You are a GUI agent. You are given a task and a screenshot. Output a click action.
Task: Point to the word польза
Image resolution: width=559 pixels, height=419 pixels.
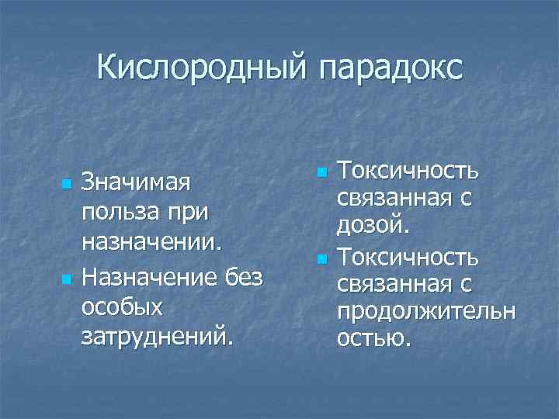click(120, 212)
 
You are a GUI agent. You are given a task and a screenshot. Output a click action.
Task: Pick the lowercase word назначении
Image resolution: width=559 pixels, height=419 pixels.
click(152, 241)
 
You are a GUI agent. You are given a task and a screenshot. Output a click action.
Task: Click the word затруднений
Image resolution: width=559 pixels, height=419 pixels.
click(156, 336)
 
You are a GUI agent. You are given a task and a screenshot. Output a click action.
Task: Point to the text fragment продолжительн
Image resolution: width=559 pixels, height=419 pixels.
click(426, 310)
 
